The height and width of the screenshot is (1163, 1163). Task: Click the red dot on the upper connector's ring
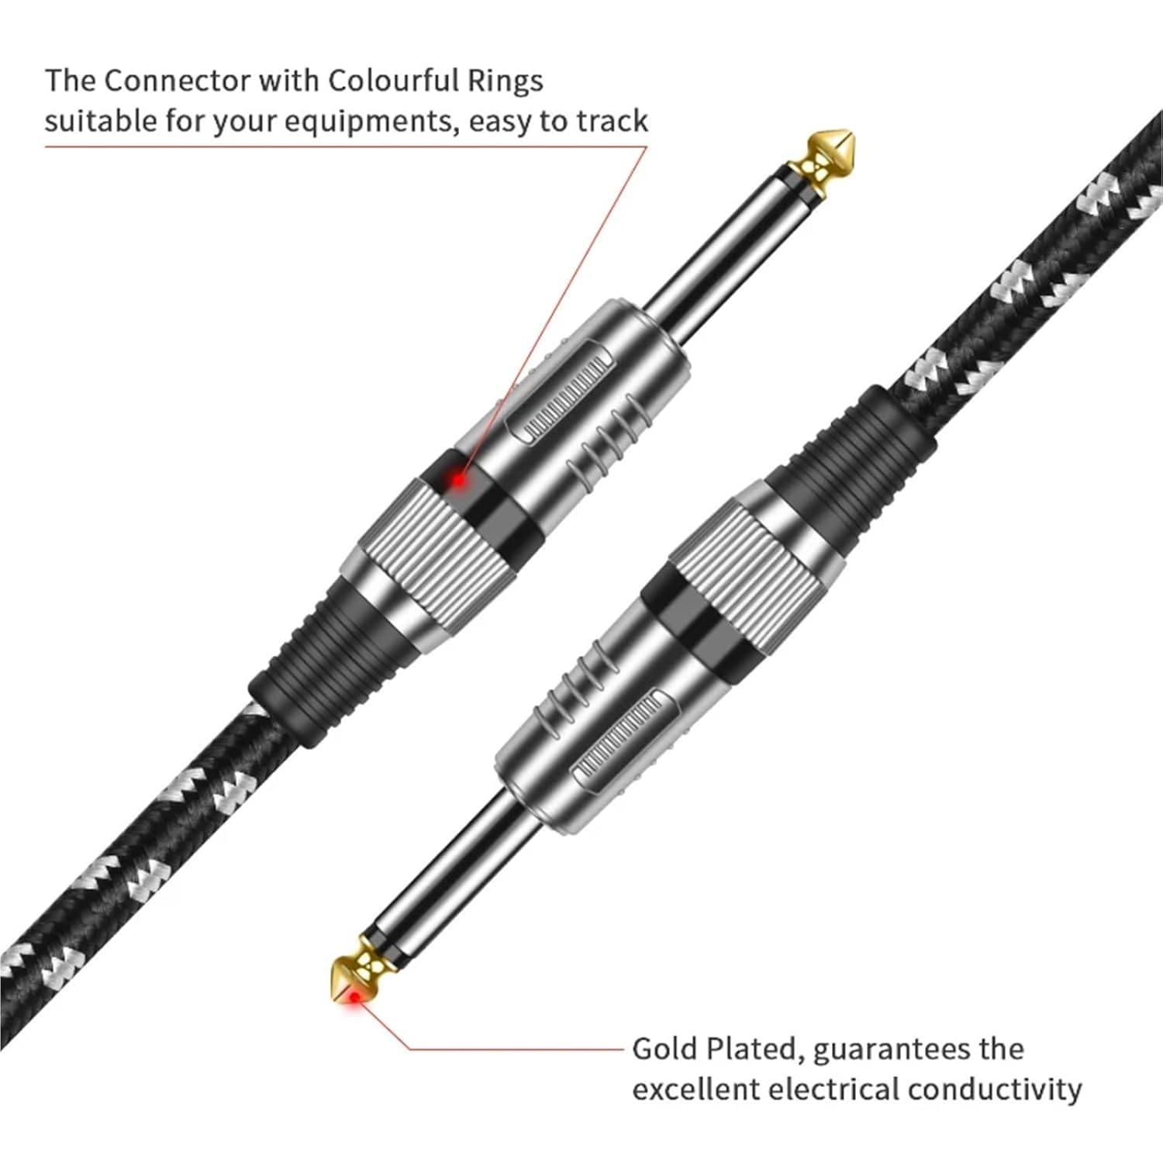pos(459,480)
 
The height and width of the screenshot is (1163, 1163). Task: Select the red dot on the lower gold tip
pos(355,999)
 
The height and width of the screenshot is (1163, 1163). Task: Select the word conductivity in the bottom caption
pos(995,1089)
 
